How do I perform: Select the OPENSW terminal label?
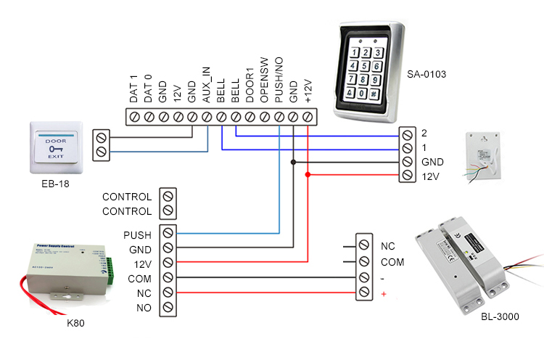point(265,84)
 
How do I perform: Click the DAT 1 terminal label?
point(133,89)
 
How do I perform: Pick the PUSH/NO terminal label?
point(279,83)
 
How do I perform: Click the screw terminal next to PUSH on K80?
point(168,233)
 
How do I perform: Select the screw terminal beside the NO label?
point(168,308)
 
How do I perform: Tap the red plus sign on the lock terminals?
point(383,292)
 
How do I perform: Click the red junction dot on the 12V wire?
point(308,175)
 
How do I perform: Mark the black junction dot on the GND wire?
point(294,162)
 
